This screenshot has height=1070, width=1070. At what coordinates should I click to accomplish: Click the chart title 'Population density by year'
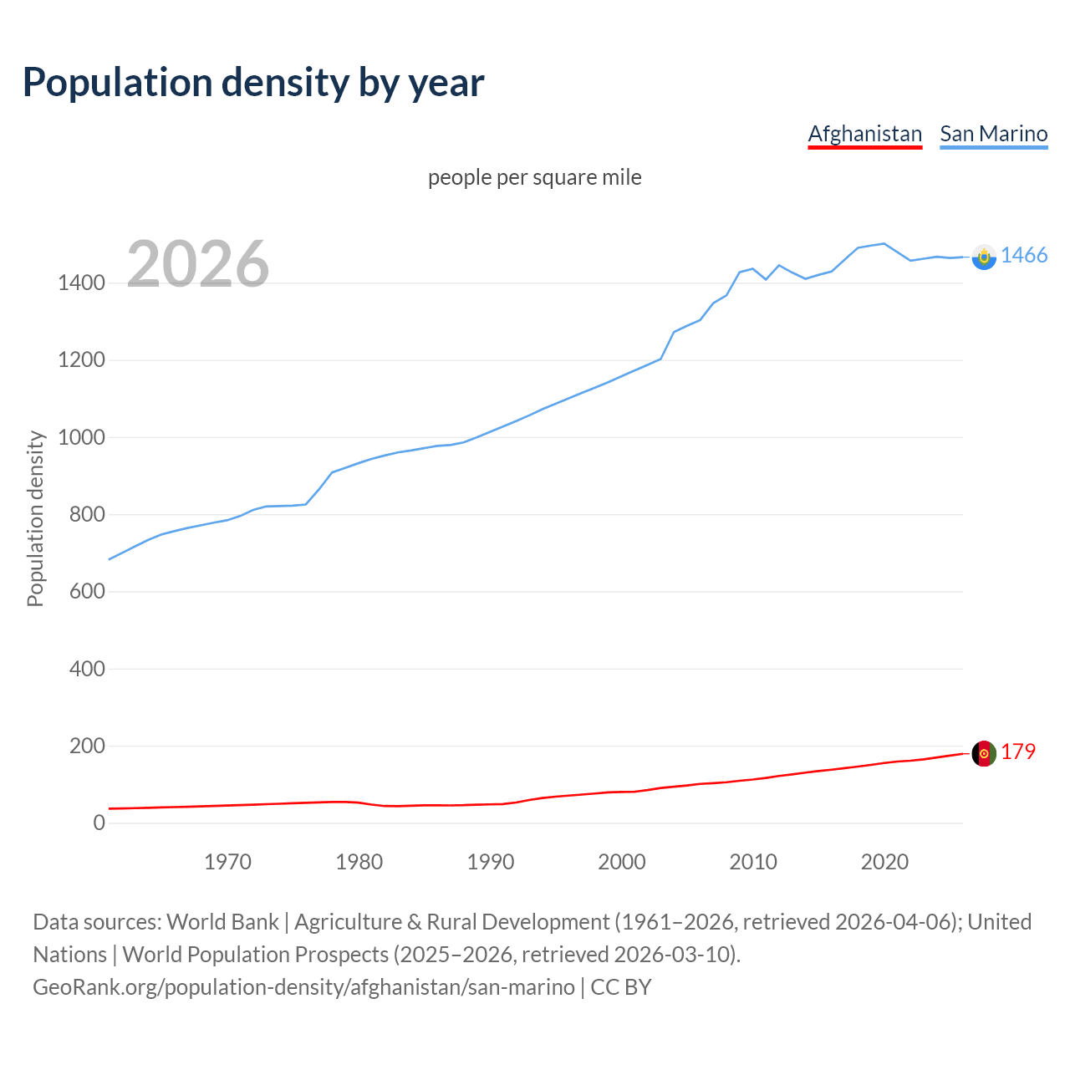pos(253,83)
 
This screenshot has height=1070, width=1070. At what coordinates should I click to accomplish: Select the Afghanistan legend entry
pos(864,134)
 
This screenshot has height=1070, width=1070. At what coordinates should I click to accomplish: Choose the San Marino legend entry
pos(993,134)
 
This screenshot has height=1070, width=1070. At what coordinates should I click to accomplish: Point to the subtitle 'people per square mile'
pos(534,177)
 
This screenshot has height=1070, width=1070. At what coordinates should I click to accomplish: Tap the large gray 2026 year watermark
pos(198,264)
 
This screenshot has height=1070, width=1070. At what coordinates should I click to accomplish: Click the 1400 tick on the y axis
pos(81,283)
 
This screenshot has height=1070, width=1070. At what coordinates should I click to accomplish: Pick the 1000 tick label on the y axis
pos(81,437)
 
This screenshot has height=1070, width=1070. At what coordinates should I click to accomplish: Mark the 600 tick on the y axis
pos(87,591)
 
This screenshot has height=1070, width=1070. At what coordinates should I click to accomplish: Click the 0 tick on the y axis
pos(99,823)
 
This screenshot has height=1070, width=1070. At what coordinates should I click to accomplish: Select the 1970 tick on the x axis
pos(227,862)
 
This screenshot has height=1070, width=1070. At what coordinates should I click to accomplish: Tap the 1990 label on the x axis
pos(491,862)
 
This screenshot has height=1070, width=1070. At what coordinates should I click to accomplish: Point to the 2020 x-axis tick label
pos(884,862)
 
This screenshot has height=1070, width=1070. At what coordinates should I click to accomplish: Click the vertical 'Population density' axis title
pos(35,518)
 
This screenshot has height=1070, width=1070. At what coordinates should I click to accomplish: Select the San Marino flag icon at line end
pos(984,257)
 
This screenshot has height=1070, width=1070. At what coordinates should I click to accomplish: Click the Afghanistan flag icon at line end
pos(984,753)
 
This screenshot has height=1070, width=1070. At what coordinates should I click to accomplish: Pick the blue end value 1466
pos(1024,256)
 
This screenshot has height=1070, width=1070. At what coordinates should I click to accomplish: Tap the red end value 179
pos(1018,752)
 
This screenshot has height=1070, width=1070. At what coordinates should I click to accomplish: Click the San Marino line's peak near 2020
pos(884,243)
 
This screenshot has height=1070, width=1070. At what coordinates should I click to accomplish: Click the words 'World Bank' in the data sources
pos(222,922)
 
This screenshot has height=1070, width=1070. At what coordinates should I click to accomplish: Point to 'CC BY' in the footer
pos(620,987)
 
